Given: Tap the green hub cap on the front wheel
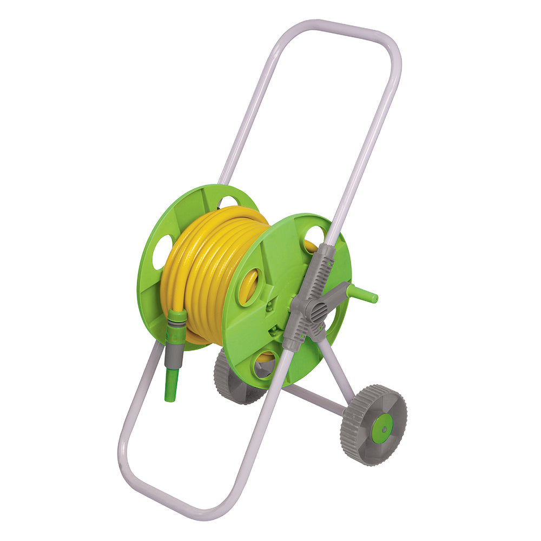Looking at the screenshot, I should click(382, 428).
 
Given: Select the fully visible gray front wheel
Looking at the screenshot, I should click(373, 425).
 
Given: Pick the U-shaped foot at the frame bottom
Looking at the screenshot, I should click(162, 487).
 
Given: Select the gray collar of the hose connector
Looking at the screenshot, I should click(174, 352).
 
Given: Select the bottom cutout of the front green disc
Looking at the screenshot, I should click(266, 366).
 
